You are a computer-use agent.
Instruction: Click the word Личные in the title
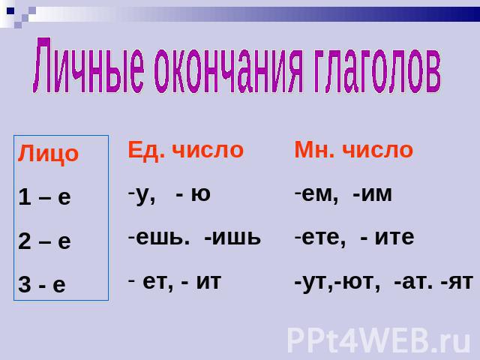click(88, 65)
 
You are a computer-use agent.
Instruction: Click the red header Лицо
click(48, 154)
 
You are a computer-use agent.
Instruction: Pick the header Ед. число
click(185, 151)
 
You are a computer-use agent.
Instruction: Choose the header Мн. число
click(353, 150)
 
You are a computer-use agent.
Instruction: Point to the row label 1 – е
click(44, 196)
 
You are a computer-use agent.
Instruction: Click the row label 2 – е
click(44, 241)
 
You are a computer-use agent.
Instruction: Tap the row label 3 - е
click(42, 284)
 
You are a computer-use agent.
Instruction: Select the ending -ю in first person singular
click(193, 194)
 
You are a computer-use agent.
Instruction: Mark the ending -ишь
click(232, 238)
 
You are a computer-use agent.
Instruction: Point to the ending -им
click(372, 194)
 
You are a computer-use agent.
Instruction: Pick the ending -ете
click(320, 238)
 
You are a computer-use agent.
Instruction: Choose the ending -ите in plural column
click(388, 238)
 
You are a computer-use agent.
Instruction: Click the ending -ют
click(357, 282)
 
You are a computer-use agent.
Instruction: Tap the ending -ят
click(457, 282)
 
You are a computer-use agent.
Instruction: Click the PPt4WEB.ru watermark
click(378, 340)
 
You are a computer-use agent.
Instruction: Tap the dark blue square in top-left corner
click(10, 11)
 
